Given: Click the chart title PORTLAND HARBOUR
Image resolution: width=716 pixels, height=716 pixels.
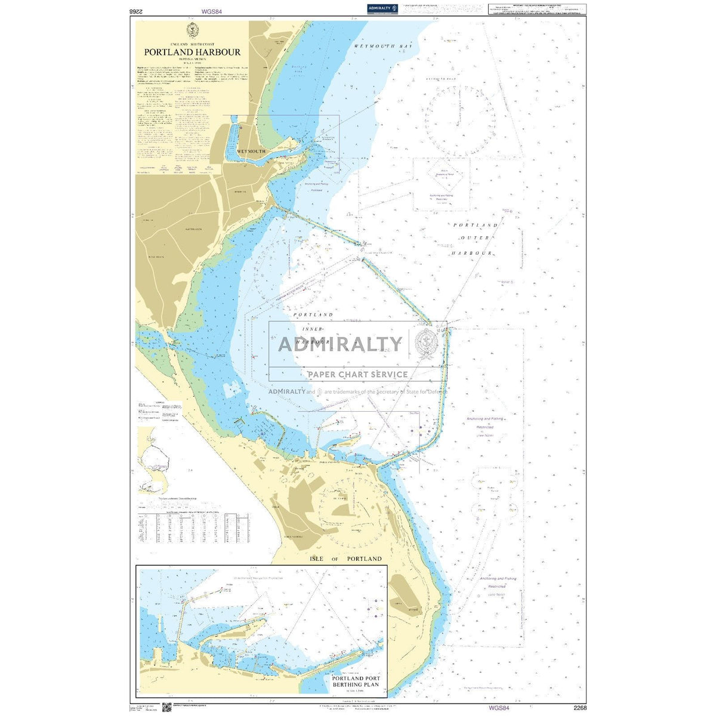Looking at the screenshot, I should pos(192,52).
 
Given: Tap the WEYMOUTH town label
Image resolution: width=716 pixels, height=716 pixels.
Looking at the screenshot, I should pos(251,152).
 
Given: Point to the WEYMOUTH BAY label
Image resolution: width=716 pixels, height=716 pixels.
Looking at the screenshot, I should pos(383,46).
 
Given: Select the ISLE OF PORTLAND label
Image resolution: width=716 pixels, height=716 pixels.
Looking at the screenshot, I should pos(345,559).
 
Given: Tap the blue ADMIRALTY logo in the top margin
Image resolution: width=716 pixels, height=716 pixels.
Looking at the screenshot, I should pos(382,8).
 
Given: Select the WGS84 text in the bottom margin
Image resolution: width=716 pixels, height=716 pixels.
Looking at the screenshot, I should pos(498,708).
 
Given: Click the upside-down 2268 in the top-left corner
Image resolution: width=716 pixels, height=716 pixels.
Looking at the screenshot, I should pos(138,11).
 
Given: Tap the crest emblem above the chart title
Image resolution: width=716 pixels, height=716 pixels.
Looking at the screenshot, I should pos(192,30).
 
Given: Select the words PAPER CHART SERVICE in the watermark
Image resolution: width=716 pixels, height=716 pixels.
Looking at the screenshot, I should pos(357,375).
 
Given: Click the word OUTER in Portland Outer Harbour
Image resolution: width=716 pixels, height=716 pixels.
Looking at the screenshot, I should pos(476,238).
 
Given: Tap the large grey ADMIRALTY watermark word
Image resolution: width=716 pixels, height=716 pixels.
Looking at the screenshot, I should pos(340,344).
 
